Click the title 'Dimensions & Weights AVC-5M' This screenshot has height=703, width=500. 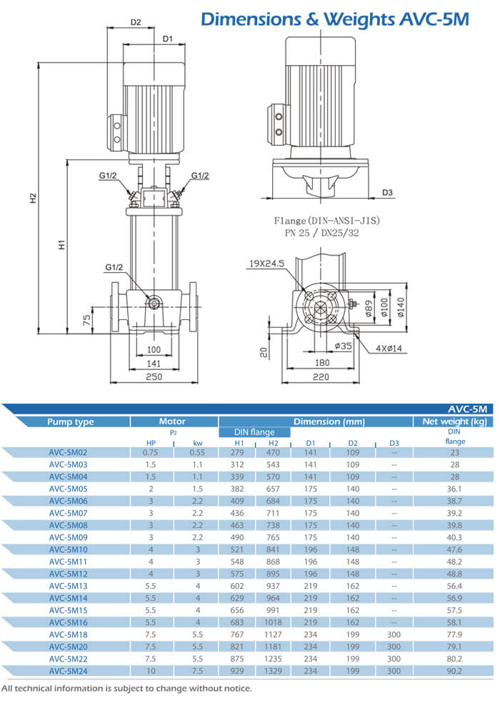[x=334, y=19]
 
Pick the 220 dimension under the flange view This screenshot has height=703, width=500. [x=319, y=377]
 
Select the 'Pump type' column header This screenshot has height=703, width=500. [x=71, y=422]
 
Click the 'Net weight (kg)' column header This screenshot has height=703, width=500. [x=454, y=422]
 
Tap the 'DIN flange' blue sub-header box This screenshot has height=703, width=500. [x=254, y=432]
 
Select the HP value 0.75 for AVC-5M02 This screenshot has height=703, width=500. [x=150, y=452]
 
